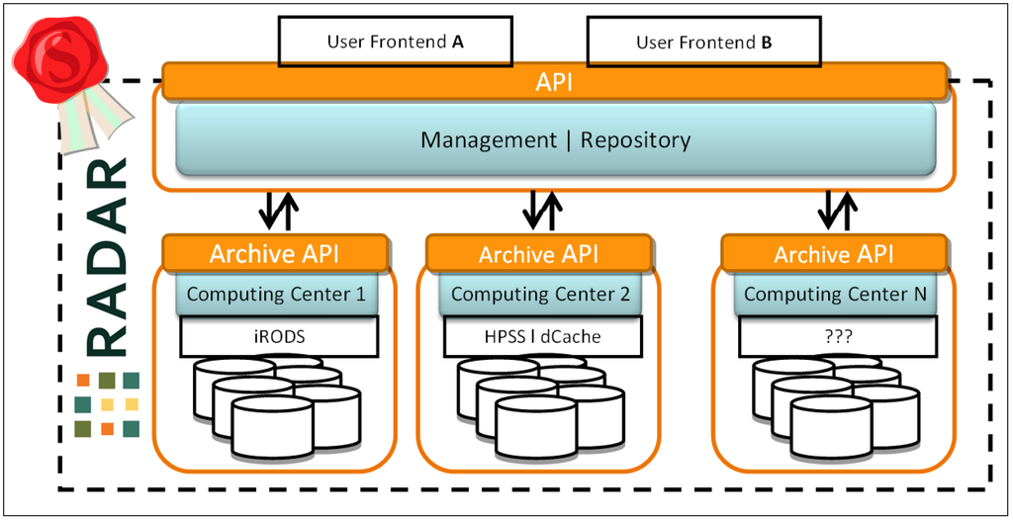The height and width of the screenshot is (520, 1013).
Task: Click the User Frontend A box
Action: [x=396, y=42]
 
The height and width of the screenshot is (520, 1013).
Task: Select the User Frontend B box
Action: [x=703, y=42]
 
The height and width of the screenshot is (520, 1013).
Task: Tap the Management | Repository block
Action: [x=556, y=139]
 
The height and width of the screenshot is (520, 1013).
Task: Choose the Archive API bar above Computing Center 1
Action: [x=275, y=253]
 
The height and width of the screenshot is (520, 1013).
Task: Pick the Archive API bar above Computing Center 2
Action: [x=538, y=253]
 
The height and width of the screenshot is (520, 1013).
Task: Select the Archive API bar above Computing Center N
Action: [x=834, y=253]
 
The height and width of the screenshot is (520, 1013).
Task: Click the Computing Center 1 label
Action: [x=277, y=294]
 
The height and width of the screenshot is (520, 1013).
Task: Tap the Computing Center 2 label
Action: [x=540, y=294]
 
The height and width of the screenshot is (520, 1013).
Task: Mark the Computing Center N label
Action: [x=835, y=294]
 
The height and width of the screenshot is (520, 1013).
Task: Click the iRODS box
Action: [x=278, y=336]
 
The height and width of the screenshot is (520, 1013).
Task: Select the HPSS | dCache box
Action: [x=543, y=336]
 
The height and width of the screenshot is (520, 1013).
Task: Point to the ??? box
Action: [x=837, y=336]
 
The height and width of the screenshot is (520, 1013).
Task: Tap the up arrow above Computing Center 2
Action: [x=553, y=211]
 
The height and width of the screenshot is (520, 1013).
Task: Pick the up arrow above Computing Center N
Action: [x=849, y=211]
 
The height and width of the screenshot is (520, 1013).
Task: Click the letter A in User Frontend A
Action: [x=457, y=43]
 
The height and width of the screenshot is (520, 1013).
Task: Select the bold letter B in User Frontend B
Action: [x=767, y=43]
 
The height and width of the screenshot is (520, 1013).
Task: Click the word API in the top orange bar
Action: [x=554, y=83]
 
